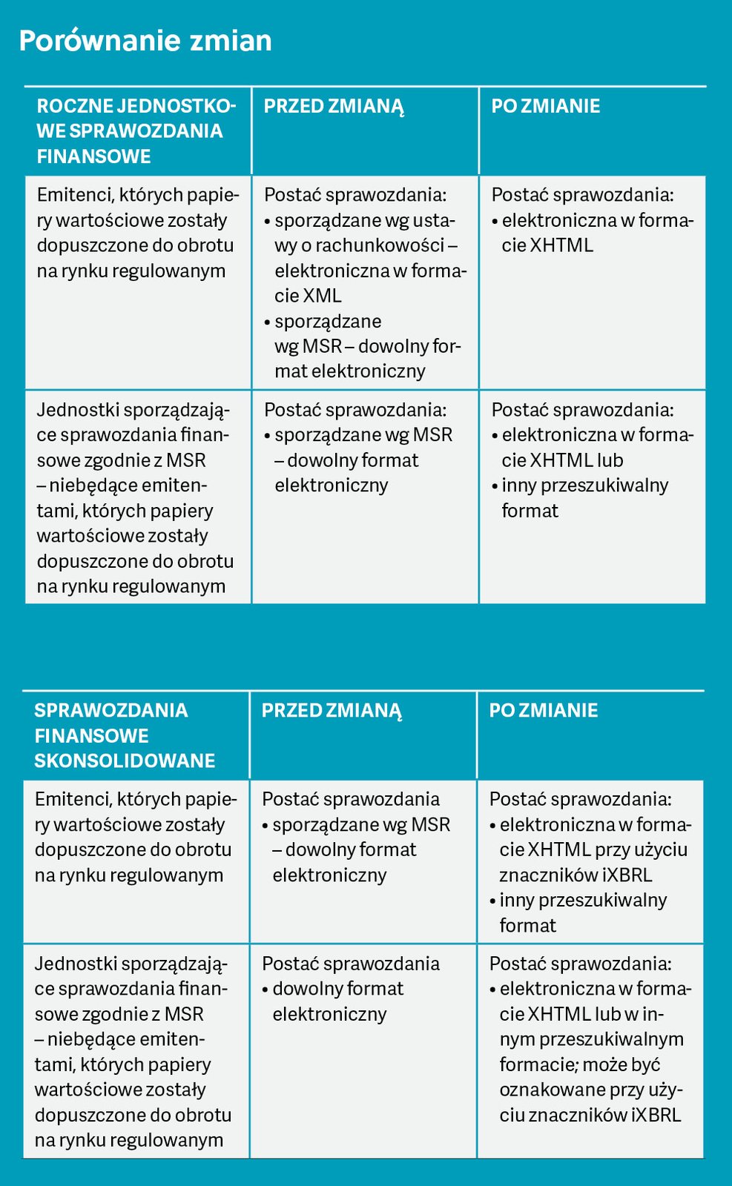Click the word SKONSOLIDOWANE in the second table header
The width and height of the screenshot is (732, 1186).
pyautogui.click(x=125, y=761)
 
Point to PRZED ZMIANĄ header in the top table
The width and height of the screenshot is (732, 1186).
pyautogui.click(x=334, y=106)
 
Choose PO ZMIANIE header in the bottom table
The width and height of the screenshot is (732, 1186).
pyautogui.click(x=543, y=710)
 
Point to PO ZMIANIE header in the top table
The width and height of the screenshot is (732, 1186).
pyautogui.click(x=545, y=106)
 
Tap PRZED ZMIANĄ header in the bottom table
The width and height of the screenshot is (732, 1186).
pyautogui.click(x=332, y=710)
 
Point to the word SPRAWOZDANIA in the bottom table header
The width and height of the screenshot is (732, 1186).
pyautogui.click(x=111, y=710)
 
